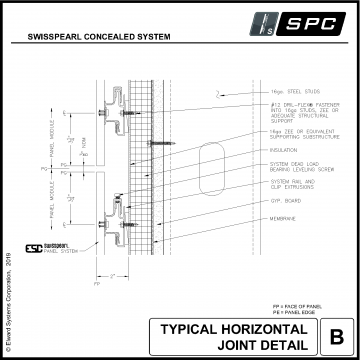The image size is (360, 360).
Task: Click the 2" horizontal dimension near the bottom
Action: pos(116,273)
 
